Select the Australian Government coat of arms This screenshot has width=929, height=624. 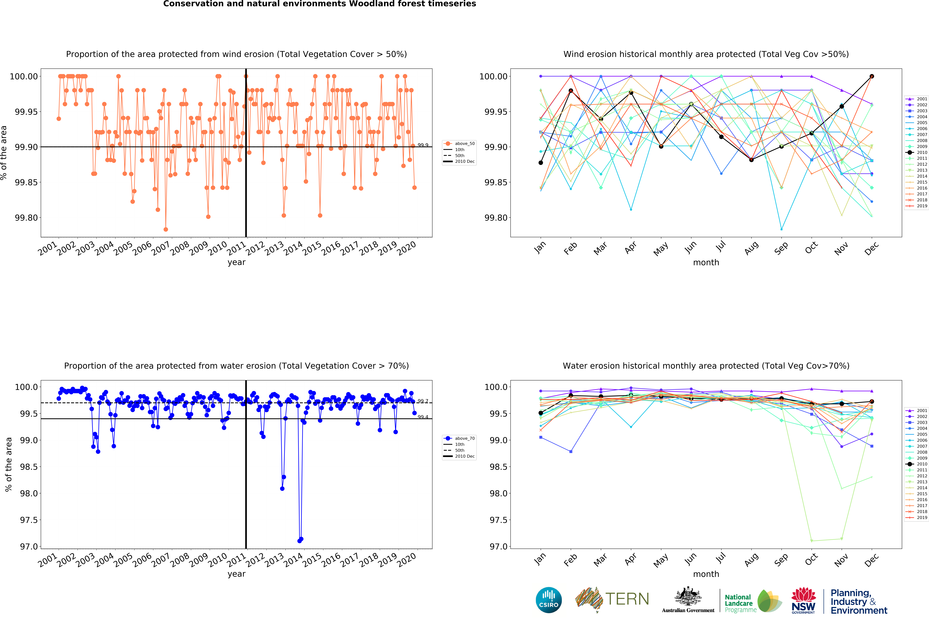(x=688, y=597)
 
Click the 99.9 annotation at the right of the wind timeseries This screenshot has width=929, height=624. (x=423, y=145)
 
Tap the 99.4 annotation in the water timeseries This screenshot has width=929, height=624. (x=423, y=417)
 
